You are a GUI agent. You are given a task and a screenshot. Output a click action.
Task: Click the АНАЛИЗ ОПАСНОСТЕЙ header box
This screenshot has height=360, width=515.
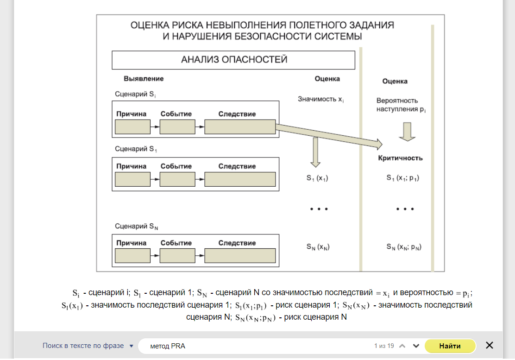tap(233, 60)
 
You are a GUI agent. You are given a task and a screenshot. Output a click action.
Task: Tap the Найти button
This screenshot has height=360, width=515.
tap(450, 346)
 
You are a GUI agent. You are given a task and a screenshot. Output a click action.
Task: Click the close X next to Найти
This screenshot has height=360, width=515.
tap(489, 345)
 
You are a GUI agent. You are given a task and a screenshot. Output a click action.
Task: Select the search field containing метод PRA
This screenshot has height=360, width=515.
tap(259, 346)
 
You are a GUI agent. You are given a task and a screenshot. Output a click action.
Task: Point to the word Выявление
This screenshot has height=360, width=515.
tap(144, 79)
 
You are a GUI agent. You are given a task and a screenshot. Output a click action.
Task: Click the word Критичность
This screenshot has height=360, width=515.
tap(400, 158)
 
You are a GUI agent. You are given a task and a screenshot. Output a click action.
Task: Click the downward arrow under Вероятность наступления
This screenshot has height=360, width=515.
tap(407, 131)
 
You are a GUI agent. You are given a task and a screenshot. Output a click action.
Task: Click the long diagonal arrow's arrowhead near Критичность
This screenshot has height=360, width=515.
tap(378, 144)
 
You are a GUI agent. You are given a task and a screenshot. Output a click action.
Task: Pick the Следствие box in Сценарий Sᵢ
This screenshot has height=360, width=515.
tap(240, 126)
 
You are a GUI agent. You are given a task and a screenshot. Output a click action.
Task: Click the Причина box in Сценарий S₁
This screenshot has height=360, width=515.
tap(132, 179)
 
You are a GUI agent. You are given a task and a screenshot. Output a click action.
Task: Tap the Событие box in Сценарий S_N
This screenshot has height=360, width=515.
tap(177, 256)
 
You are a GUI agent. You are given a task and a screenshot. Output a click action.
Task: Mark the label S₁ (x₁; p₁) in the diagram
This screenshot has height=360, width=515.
tap(402, 177)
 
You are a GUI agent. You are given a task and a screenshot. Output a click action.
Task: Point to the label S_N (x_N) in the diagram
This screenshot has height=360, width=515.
tap(318, 247)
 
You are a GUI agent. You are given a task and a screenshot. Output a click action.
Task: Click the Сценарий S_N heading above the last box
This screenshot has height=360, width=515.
tap(138, 226)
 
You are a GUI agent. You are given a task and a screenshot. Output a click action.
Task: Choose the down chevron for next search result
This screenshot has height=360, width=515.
tap(416, 346)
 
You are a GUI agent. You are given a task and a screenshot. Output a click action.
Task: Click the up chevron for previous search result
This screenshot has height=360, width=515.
tap(402, 346)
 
